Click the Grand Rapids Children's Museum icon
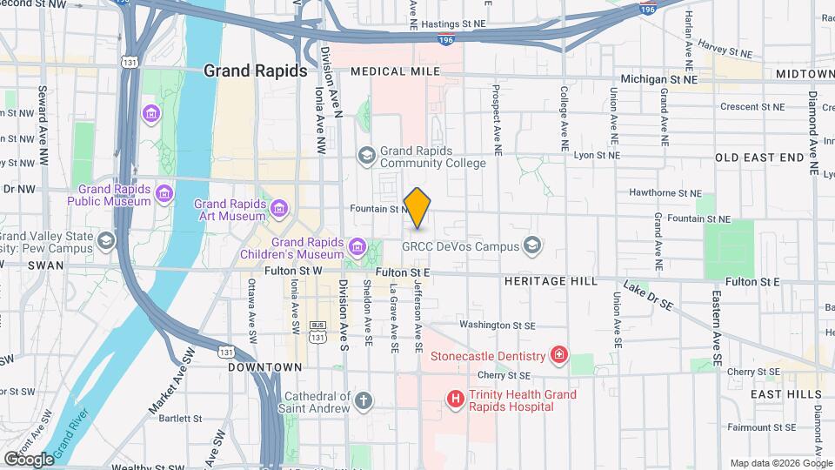pyautogui.click(x=355, y=248)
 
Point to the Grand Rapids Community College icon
pyautogui.click(x=366, y=155)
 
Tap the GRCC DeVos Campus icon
pyautogui.click(x=530, y=246)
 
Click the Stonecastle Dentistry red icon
pyautogui.click(x=558, y=355)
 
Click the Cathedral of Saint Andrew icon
pyautogui.click(x=364, y=401)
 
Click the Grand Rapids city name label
pyautogui.click(x=255, y=70)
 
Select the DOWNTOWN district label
pyautogui.click(x=264, y=367)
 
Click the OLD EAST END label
pyautogui.click(x=759, y=158)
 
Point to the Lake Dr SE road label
pyautogui.click(x=648, y=297)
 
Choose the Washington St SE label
pyautogui.click(x=497, y=325)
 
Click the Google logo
pyautogui.click(x=29, y=459)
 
